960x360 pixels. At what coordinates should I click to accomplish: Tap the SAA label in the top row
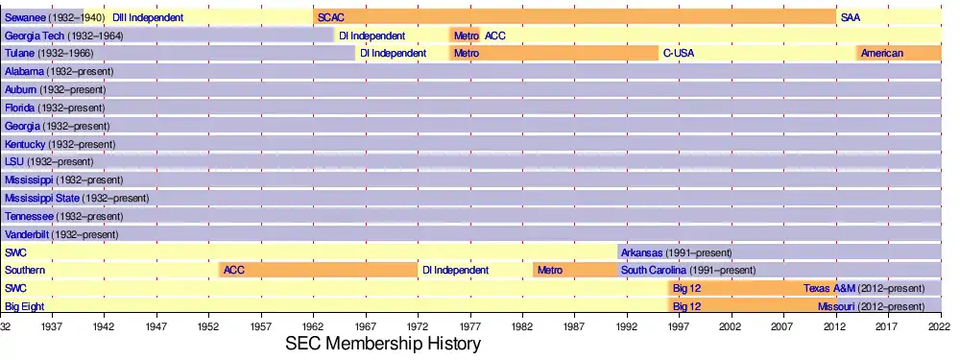tap(851, 17)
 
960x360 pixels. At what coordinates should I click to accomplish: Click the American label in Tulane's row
tap(881, 53)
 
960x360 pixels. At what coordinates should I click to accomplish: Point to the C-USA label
tap(679, 53)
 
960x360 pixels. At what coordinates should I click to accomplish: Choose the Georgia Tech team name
tap(35, 36)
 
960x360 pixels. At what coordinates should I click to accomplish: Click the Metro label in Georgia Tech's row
tap(467, 36)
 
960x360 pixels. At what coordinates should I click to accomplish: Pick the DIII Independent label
tap(148, 17)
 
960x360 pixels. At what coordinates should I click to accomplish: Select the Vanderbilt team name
tap(27, 234)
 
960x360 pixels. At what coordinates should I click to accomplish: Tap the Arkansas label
tap(641, 252)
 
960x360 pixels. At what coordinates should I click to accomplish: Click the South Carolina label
tap(654, 270)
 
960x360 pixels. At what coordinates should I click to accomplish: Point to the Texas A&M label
tap(829, 288)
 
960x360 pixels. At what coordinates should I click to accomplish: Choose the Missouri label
tap(836, 306)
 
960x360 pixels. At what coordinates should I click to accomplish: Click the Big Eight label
tap(25, 306)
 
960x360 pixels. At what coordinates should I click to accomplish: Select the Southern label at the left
tap(25, 270)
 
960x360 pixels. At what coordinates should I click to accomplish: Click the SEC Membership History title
tap(383, 344)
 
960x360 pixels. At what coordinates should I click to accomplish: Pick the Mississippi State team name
tap(42, 198)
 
